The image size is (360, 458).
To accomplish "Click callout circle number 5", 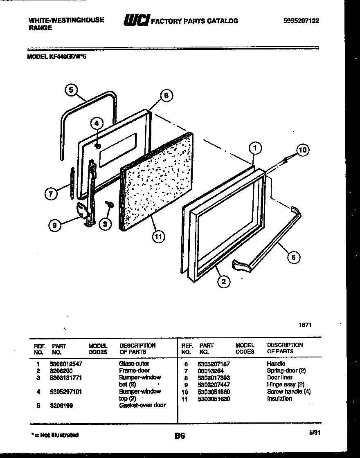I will [71, 90].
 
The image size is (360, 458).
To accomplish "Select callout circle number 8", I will [166, 97].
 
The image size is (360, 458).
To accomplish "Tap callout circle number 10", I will [303, 150].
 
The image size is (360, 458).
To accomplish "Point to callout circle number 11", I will [157, 237].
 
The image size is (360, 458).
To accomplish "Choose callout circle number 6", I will [293, 257].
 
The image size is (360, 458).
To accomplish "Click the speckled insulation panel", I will [157, 180].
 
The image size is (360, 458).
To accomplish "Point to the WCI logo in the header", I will [136, 20].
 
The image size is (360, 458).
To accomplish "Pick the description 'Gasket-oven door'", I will [142, 405].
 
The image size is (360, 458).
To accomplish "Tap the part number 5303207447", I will [214, 385].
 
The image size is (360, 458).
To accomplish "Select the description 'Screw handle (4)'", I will [288, 392].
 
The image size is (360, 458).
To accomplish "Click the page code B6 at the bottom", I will [179, 436].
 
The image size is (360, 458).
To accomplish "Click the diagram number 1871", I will [305, 325].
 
